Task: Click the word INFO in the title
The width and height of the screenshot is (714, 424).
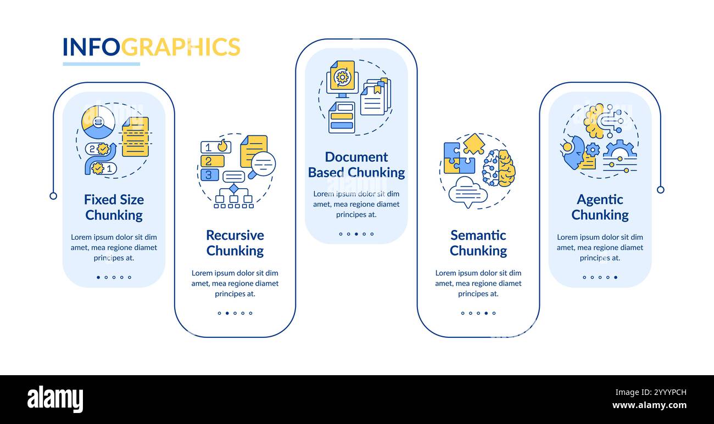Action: [91, 47]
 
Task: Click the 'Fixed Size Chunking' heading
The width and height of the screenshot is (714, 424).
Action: [114, 207]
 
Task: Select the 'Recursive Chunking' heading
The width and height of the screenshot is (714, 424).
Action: [235, 243]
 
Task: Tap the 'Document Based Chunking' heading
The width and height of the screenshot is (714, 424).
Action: [356, 165]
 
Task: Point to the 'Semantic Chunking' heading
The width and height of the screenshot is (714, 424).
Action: [478, 243]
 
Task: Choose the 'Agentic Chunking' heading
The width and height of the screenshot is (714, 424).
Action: [600, 207]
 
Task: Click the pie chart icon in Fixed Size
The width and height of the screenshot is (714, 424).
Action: [98, 122]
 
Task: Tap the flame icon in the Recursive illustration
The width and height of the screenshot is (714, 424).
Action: [222, 145]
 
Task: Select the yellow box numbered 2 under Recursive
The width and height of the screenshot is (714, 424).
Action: [212, 161]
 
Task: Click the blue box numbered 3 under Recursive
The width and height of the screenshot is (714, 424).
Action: [209, 174]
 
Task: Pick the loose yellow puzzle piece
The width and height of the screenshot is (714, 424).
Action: [473, 144]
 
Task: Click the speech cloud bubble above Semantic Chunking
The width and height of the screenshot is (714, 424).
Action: [467, 191]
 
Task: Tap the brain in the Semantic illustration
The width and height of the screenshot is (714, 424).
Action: [499, 168]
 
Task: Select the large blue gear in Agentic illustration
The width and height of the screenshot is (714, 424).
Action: [620, 150]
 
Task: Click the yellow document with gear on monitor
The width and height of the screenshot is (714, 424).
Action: [342, 76]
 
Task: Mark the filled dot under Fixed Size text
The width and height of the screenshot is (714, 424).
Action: [98, 277]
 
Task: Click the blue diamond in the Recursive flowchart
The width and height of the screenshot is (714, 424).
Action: [233, 188]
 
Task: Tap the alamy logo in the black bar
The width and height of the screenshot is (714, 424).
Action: [55, 399]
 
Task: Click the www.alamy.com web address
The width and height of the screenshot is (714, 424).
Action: [649, 405]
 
